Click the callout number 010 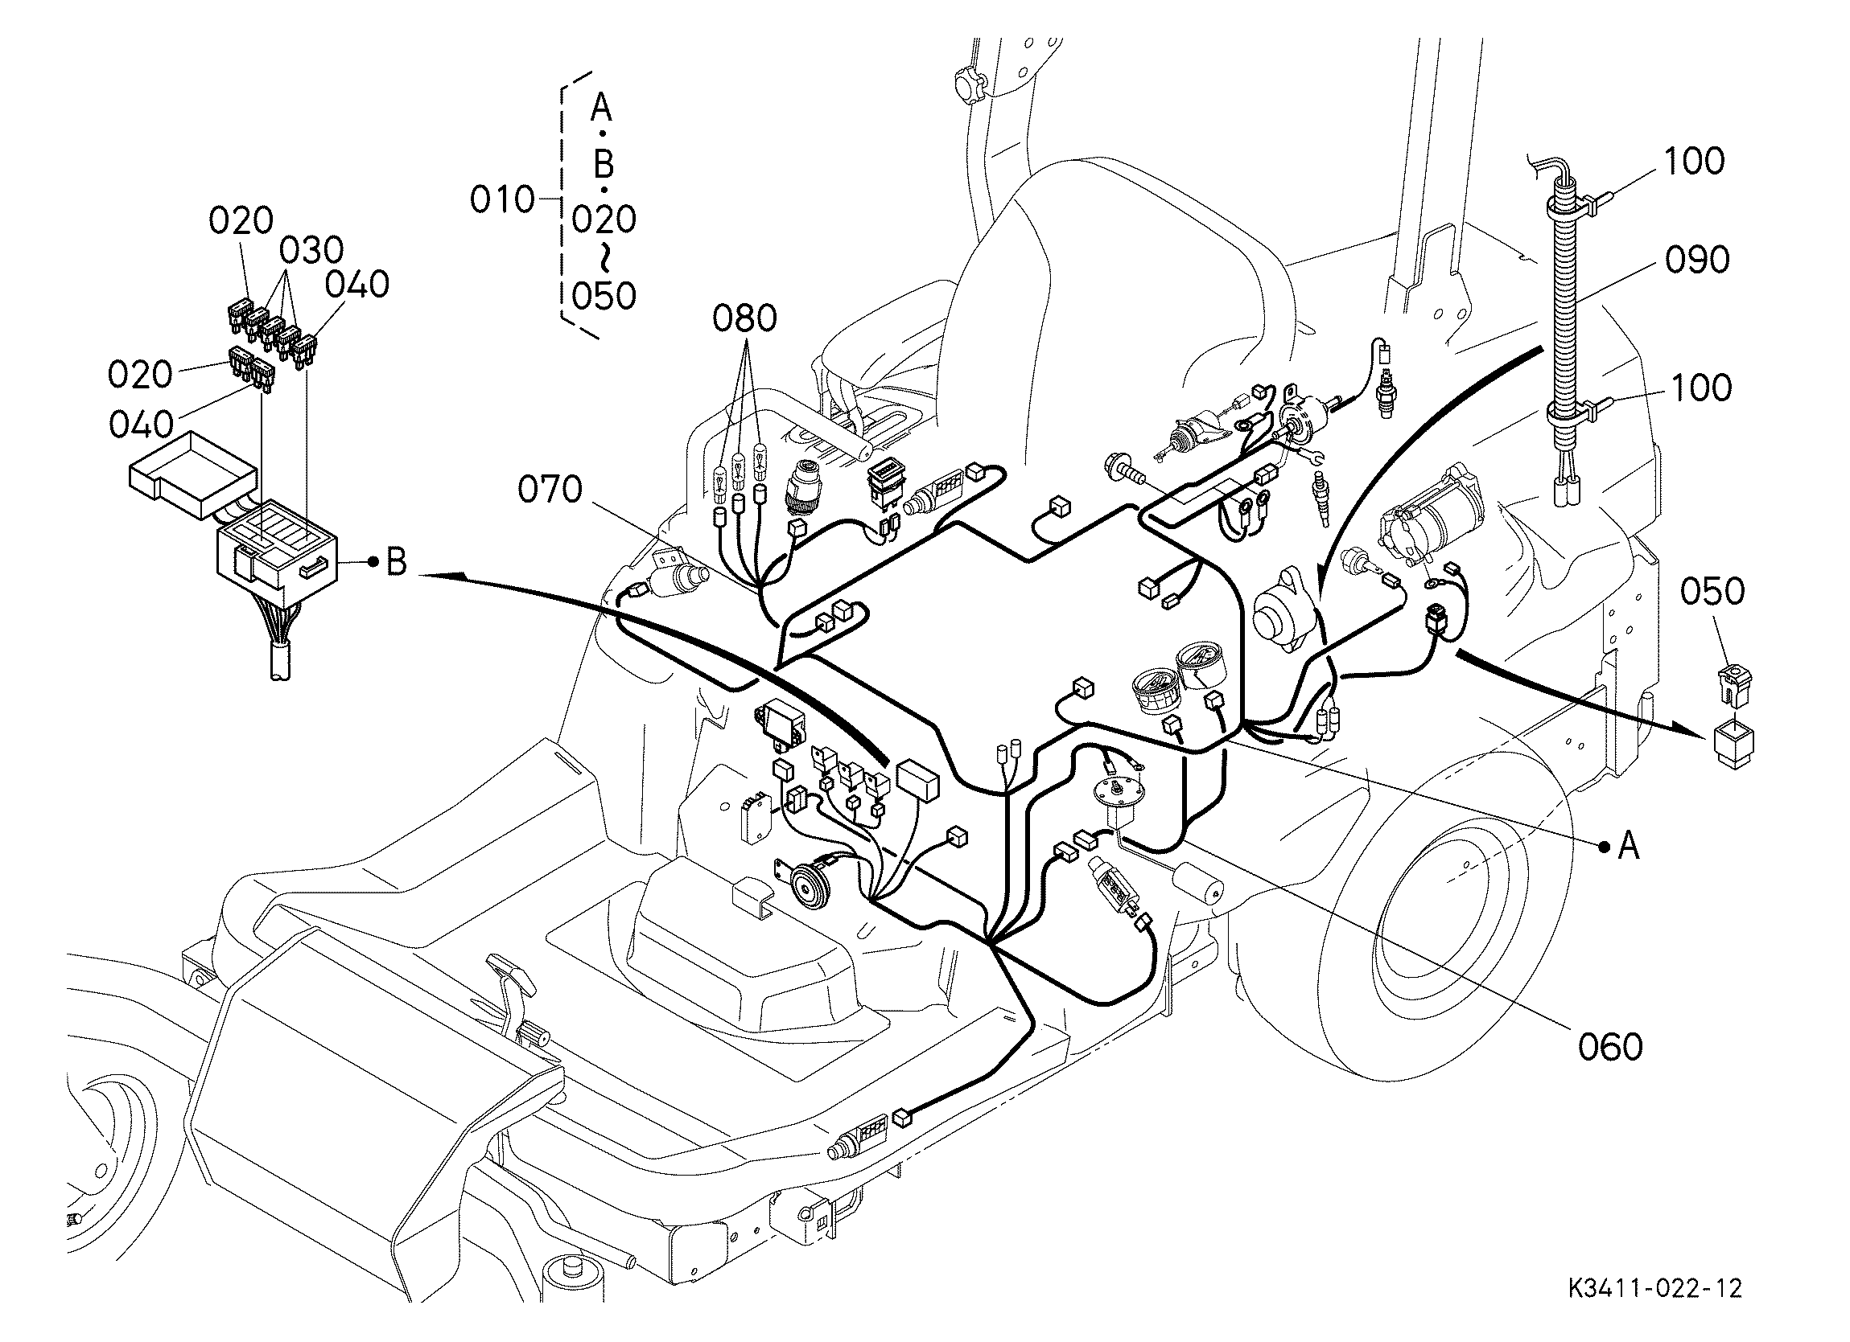(x=502, y=199)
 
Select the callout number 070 (x=550, y=489)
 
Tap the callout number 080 (x=744, y=318)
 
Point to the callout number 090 (x=1697, y=259)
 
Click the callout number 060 (x=1610, y=1046)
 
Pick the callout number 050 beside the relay (x=1712, y=591)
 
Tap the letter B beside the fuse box (x=397, y=561)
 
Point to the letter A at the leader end (x=1628, y=847)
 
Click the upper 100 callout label (x=1694, y=162)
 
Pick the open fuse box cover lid (x=192, y=474)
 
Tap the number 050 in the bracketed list (x=604, y=296)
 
